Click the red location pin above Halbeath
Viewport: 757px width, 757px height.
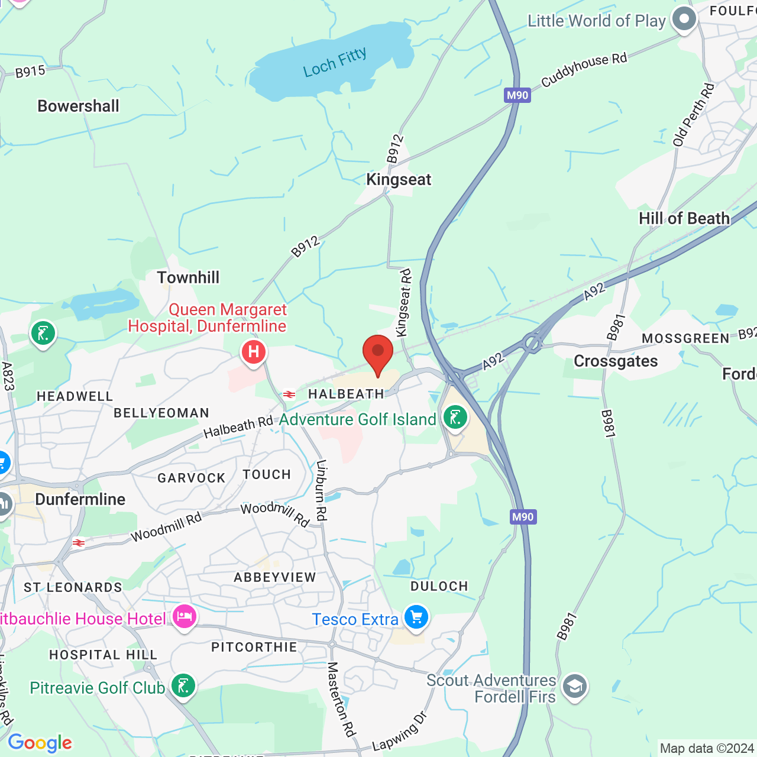[x=377, y=353]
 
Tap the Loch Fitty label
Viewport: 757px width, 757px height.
[x=335, y=63]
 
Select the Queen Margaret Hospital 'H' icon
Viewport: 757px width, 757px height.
[x=254, y=352]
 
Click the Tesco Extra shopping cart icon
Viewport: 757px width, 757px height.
[x=416, y=617]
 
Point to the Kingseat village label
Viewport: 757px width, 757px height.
[x=399, y=180]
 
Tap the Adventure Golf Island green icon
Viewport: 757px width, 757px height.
[x=455, y=418]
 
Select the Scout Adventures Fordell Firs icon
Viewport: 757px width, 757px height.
[x=574, y=687]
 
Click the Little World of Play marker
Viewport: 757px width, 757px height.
[x=684, y=20]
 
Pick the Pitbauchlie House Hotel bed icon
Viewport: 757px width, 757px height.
[x=185, y=617]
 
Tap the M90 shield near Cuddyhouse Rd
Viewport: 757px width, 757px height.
[x=517, y=95]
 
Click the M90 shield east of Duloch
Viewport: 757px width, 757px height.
[x=523, y=517]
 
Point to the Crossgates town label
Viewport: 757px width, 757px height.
[x=616, y=361]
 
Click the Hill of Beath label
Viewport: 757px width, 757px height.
[x=684, y=219]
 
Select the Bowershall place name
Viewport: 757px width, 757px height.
[x=79, y=106]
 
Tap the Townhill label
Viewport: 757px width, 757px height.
[x=188, y=278]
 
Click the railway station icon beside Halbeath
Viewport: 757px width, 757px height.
[x=289, y=394]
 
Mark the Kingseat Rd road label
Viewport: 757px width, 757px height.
[x=404, y=303]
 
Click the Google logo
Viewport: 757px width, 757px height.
[x=40, y=743]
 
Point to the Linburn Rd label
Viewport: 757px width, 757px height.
[x=321, y=490]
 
